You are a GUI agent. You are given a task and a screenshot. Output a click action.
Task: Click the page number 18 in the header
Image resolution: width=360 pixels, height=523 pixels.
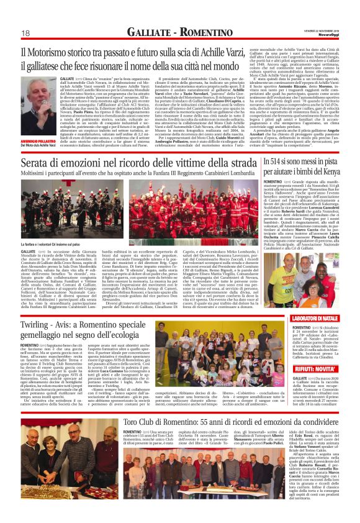pyautogui.click(x=27, y=33)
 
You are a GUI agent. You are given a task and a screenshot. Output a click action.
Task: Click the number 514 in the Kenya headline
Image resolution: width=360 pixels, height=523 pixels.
pyautogui.click(x=277, y=162)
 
